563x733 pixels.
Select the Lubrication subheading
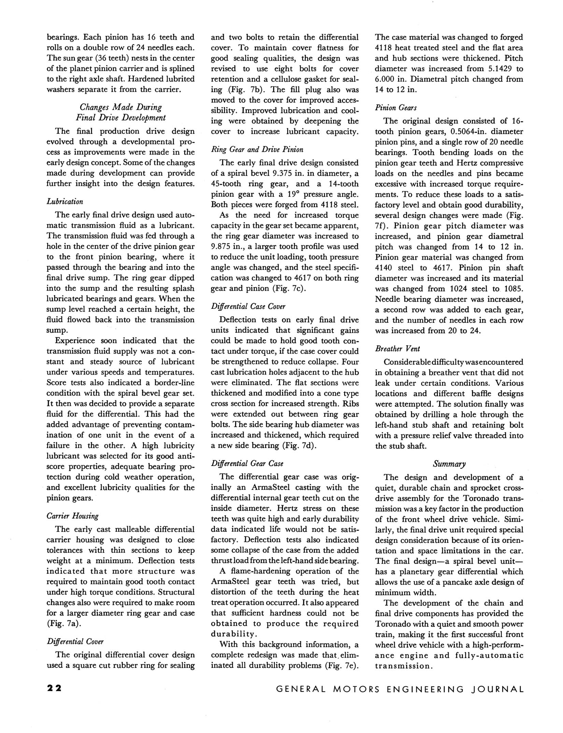(65, 201)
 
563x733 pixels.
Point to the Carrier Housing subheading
(72, 516)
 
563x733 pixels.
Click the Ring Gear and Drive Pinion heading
(257, 149)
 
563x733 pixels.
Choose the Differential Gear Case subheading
(247, 463)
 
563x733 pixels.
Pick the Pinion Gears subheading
(396, 108)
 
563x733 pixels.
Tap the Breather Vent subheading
(398, 348)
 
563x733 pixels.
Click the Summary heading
(449, 464)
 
